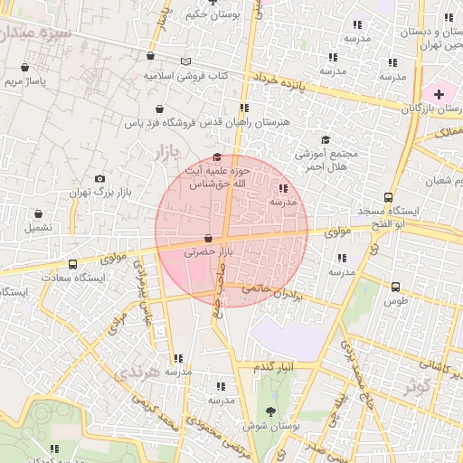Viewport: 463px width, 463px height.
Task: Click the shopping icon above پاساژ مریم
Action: [x=24, y=67]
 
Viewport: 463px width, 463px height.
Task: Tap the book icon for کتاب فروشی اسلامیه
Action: [x=185, y=61]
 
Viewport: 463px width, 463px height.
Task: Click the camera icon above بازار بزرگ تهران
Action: [x=99, y=179]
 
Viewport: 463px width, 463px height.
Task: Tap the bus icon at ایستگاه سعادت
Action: [x=72, y=265]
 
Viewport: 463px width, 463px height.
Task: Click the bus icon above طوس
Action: [x=395, y=287]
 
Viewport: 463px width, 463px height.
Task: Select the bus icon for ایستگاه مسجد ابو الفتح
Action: [x=389, y=197]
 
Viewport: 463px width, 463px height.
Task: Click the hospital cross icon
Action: [x=439, y=94]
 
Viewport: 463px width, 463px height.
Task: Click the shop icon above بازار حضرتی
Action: [x=209, y=239]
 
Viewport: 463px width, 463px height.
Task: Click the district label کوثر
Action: [x=417, y=386]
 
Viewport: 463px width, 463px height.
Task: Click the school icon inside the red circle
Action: [x=284, y=188]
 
